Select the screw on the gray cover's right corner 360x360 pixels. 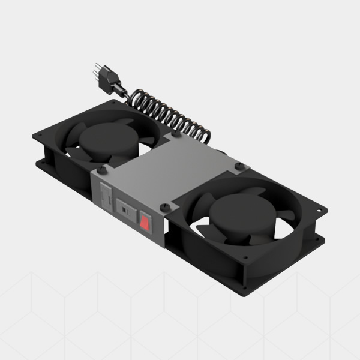click(238, 166)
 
